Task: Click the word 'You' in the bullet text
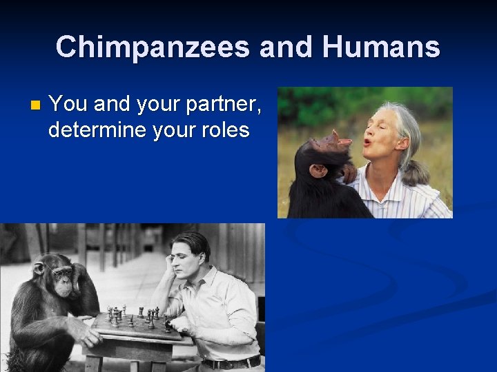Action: (68, 105)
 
